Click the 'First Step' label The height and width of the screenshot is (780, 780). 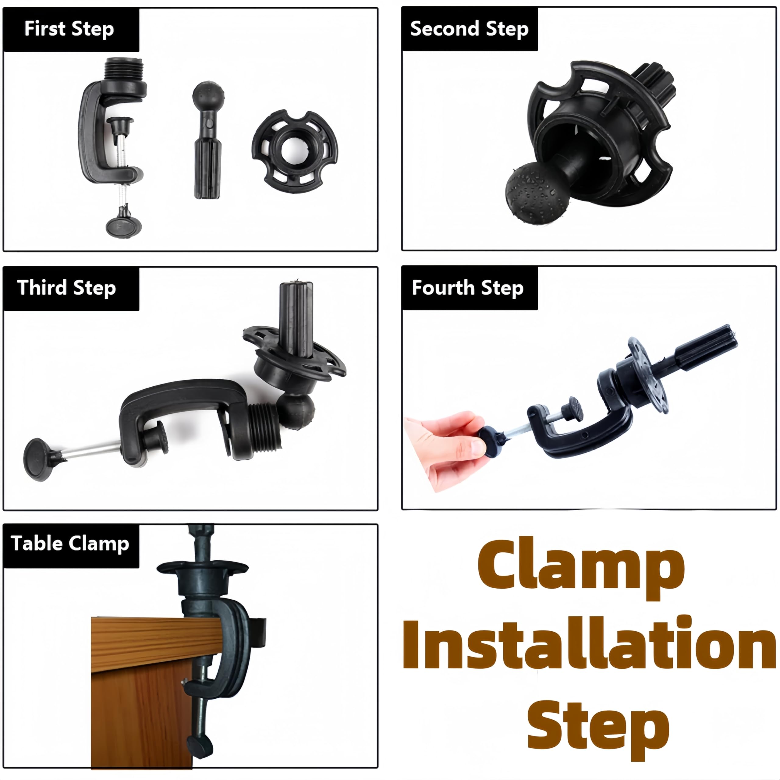click(69, 29)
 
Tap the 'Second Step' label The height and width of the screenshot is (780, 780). click(469, 29)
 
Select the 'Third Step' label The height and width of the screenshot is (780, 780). click(67, 288)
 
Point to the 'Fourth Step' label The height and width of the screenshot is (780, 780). click(467, 288)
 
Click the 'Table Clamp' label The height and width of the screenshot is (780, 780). click(70, 544)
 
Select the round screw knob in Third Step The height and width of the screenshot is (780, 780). click(37, 459)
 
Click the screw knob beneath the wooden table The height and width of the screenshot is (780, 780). click(200, 747)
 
